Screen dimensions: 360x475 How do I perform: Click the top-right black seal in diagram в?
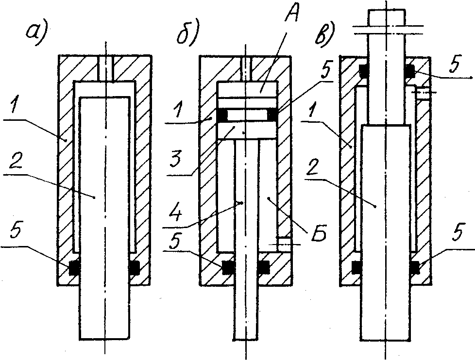tap(409, 71)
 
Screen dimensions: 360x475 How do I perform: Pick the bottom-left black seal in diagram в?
tap(356, 266)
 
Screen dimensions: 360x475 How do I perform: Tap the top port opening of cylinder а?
tap(105, 65)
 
